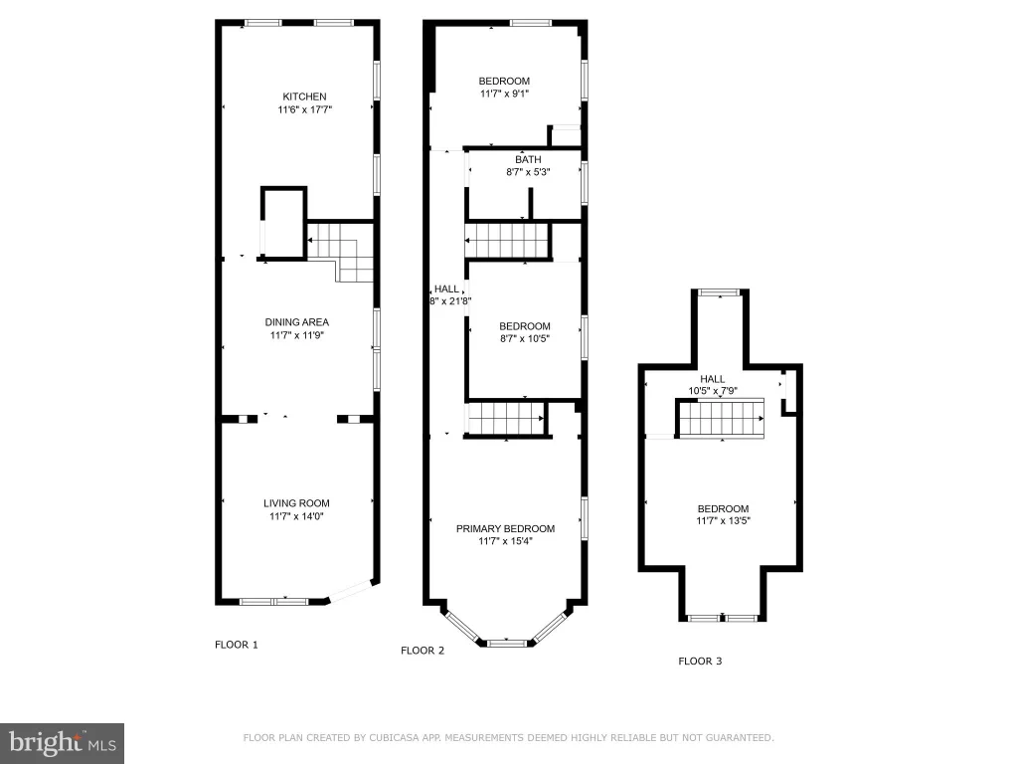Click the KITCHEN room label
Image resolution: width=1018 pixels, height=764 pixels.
tap(304, 96)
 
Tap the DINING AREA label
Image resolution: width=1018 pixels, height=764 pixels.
tap(296, 321)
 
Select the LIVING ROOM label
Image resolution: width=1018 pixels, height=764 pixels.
tap(296, 502)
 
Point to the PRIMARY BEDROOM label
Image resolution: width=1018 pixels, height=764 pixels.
tap(505, 529)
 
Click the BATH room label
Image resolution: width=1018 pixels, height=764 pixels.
tap(529, 159)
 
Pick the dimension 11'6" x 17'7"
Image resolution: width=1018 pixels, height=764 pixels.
tap(305, 109)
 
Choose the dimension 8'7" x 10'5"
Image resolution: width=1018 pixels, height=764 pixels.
tap(525, 338)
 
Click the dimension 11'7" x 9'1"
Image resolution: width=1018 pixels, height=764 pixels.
tap(504, 94)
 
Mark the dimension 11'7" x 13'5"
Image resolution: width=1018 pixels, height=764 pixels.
tap(724, 520)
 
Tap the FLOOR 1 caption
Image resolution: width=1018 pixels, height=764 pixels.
tap(237, 645)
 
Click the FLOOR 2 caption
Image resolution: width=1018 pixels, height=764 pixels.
tap(423, 651)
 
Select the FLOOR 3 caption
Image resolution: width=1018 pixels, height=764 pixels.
tap(700, 661)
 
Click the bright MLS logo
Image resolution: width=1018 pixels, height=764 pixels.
tap(63, 743)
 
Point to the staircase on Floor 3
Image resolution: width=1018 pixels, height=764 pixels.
tap(721, 419)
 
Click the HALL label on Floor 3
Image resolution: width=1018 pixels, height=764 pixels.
tap(712, 379)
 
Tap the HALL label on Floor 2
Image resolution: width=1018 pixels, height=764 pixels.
tap(446, 288)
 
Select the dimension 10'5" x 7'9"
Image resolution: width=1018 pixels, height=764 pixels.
tap(713, 390)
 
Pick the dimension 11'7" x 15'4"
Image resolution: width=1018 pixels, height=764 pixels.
tap(506, 540)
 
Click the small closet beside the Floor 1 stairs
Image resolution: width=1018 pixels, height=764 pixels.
tap(283, 224)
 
